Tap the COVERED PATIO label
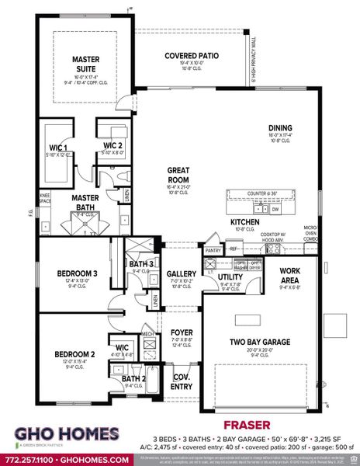191,56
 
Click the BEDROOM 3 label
77,273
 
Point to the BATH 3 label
140,265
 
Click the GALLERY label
182,273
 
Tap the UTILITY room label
230,276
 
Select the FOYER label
182,332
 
